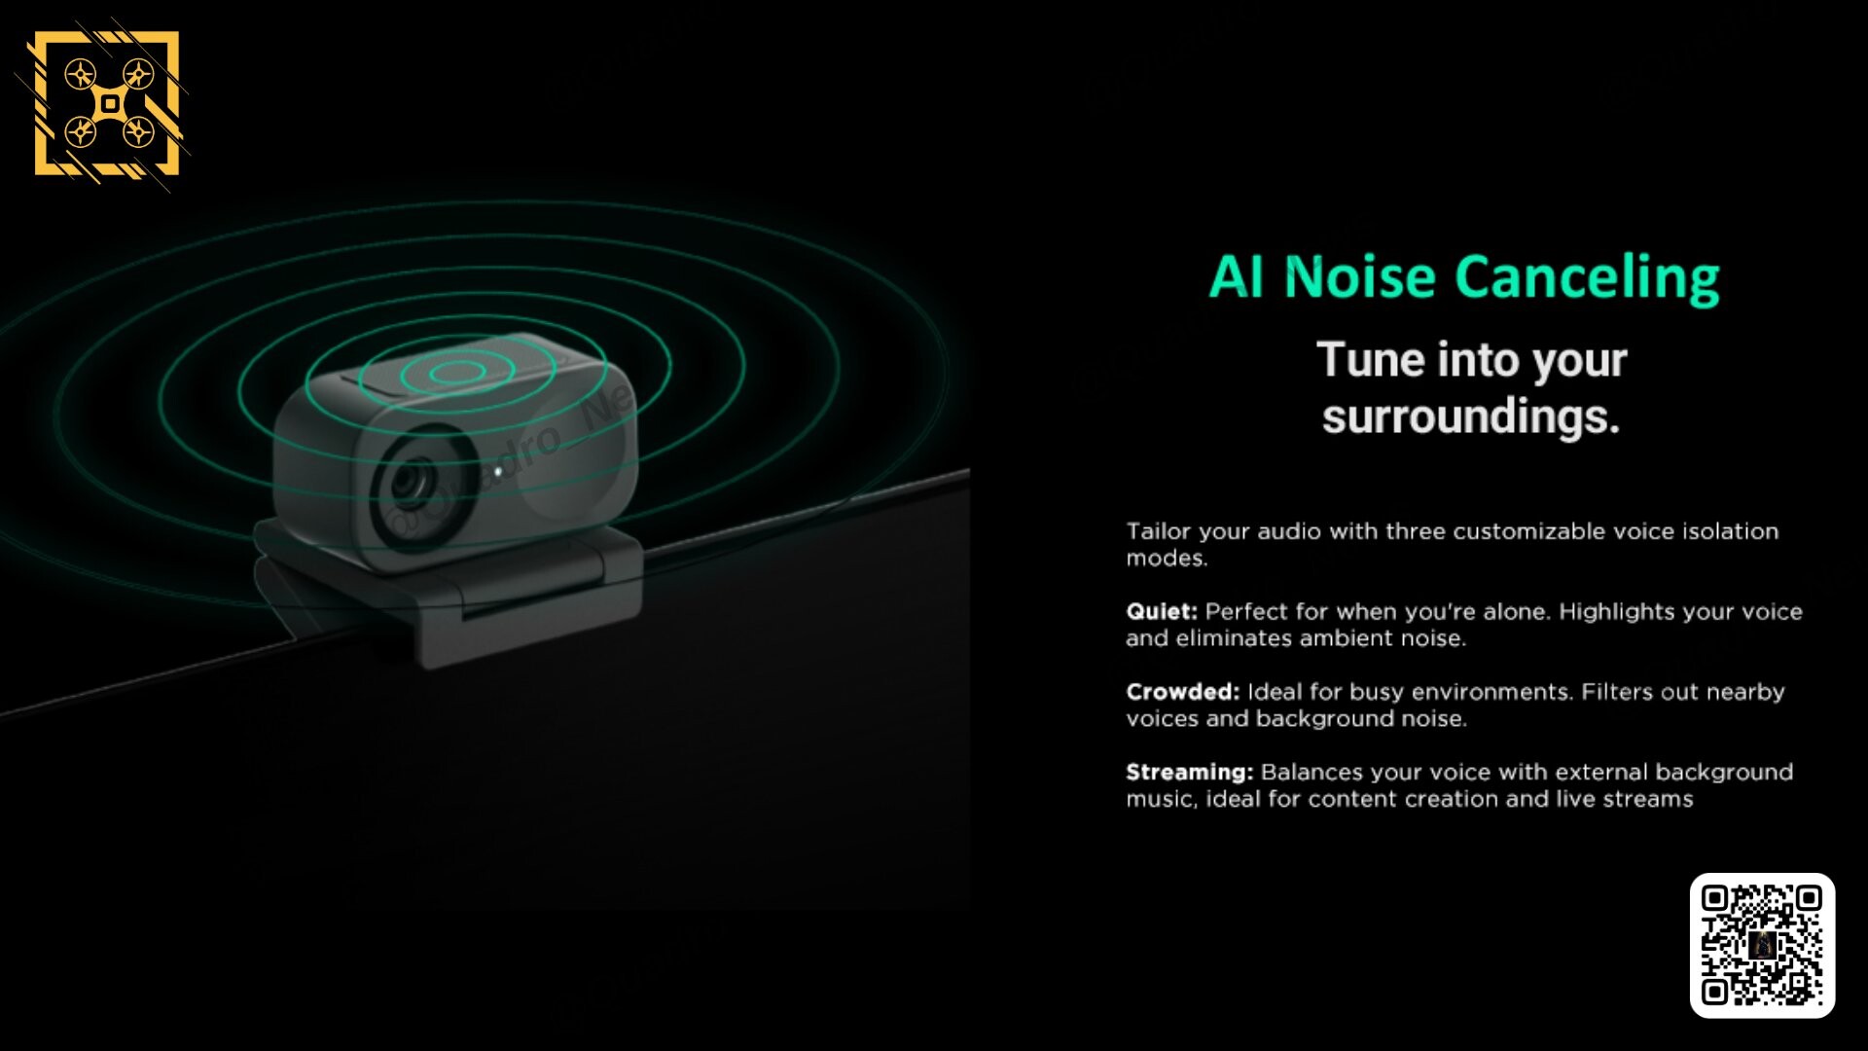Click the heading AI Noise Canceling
coord(1464,278)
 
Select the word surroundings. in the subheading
coord(1470,417)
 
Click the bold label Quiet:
coord(1162,612)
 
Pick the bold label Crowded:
coord(1183,692)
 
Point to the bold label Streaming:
coord(1190,773)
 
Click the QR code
coord(1762,945)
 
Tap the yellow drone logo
coord(107,104)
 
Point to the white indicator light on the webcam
coord(498,473)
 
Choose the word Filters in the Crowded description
coord(1617,692)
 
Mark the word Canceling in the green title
coord(1588,279)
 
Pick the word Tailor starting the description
coord(1158,531)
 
